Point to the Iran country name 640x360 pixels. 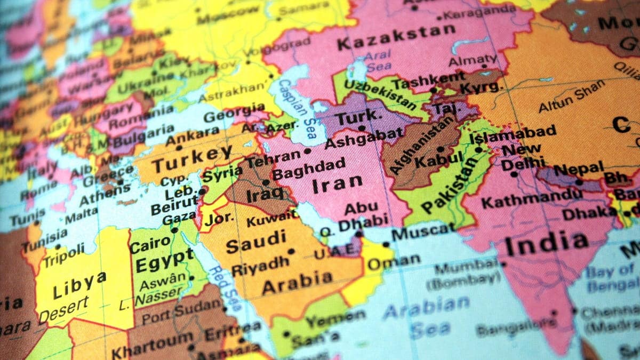click(331, 185)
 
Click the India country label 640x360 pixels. click(547, 244)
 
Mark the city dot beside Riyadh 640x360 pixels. click(291, 251)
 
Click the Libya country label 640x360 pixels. click(79, 285)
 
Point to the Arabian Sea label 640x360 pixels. click(427, 315)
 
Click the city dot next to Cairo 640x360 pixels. click(174, 230)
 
